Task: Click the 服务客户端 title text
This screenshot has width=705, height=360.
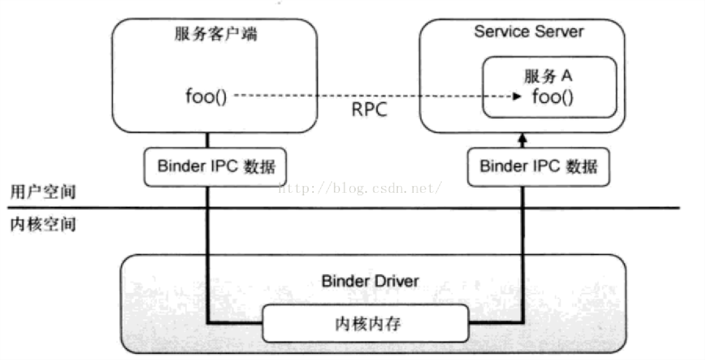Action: (x=216, y=35)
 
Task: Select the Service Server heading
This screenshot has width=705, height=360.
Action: (x=528, y=31)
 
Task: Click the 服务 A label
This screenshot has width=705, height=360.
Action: (x=548, y=76)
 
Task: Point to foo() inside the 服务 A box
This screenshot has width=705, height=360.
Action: (x=553, y=97)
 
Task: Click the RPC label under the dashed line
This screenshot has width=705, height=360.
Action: (x=369, y=111)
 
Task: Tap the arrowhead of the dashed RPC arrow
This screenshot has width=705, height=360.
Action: (x=517, y=97)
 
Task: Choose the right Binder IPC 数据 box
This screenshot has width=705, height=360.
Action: (x=538, y=167)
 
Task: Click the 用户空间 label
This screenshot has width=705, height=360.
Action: (x=43, y=192)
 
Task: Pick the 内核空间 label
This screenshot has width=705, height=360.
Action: (x=43, y=225)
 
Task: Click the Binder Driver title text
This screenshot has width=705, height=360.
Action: (x=370, y=281)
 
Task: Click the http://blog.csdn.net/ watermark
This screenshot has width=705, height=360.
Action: (x=360, y=188)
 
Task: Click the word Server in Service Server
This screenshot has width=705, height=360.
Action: (x=557, y=31)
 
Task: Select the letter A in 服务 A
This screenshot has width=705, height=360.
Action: (x=567, y=76)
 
